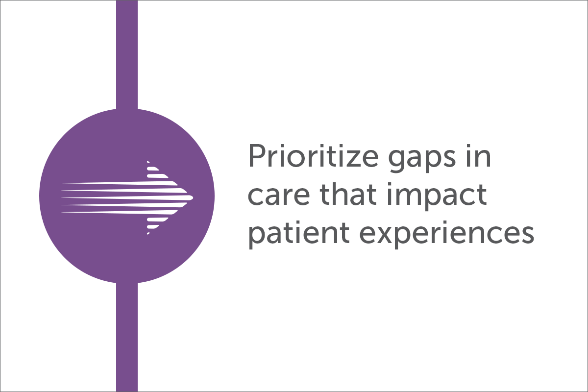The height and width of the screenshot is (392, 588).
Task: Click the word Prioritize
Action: point(313,156)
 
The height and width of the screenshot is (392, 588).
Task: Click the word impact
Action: point(437,196)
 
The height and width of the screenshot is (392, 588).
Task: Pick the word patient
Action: point(299,234)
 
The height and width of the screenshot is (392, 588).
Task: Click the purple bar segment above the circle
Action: point(127,54)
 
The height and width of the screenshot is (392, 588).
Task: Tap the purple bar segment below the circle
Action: point(127,337)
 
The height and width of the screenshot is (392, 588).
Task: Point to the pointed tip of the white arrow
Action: point(193,197)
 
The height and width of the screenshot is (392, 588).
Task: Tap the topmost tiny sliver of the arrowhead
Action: point(148,162)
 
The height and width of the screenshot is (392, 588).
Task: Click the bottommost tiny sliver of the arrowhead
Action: point(148,233)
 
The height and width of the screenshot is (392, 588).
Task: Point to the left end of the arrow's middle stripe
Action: point(62,197)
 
